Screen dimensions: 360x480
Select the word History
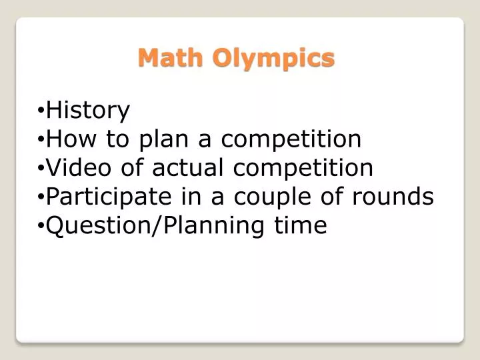[88, 111]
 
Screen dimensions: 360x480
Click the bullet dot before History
[41, 111]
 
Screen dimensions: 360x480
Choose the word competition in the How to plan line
[291, 140]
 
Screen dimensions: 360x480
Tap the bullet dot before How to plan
[41, 140]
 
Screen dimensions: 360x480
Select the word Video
[79, 168]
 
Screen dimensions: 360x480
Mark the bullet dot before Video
[41, 169]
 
